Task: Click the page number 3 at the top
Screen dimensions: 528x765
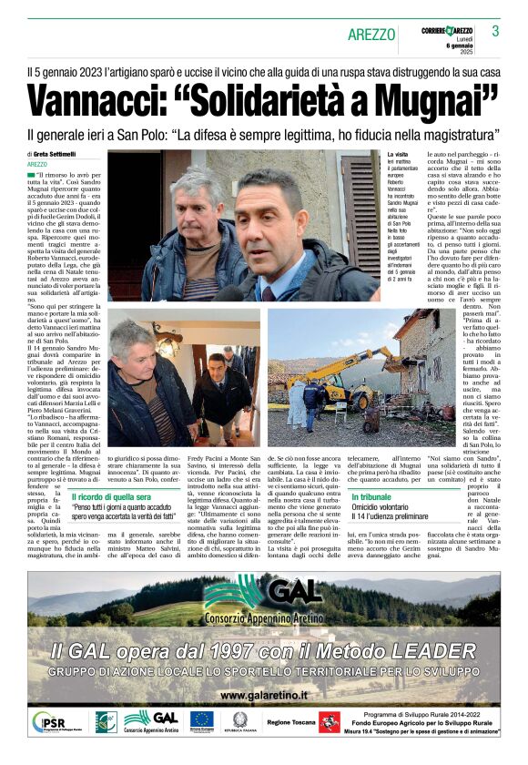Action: (x=495, y=31)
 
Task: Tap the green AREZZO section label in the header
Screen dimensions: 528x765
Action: (x=372, y=35)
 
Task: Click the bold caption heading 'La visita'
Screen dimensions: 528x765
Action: (x=399, y=155)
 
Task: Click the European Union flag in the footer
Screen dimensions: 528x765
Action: (x=201, y=719)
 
